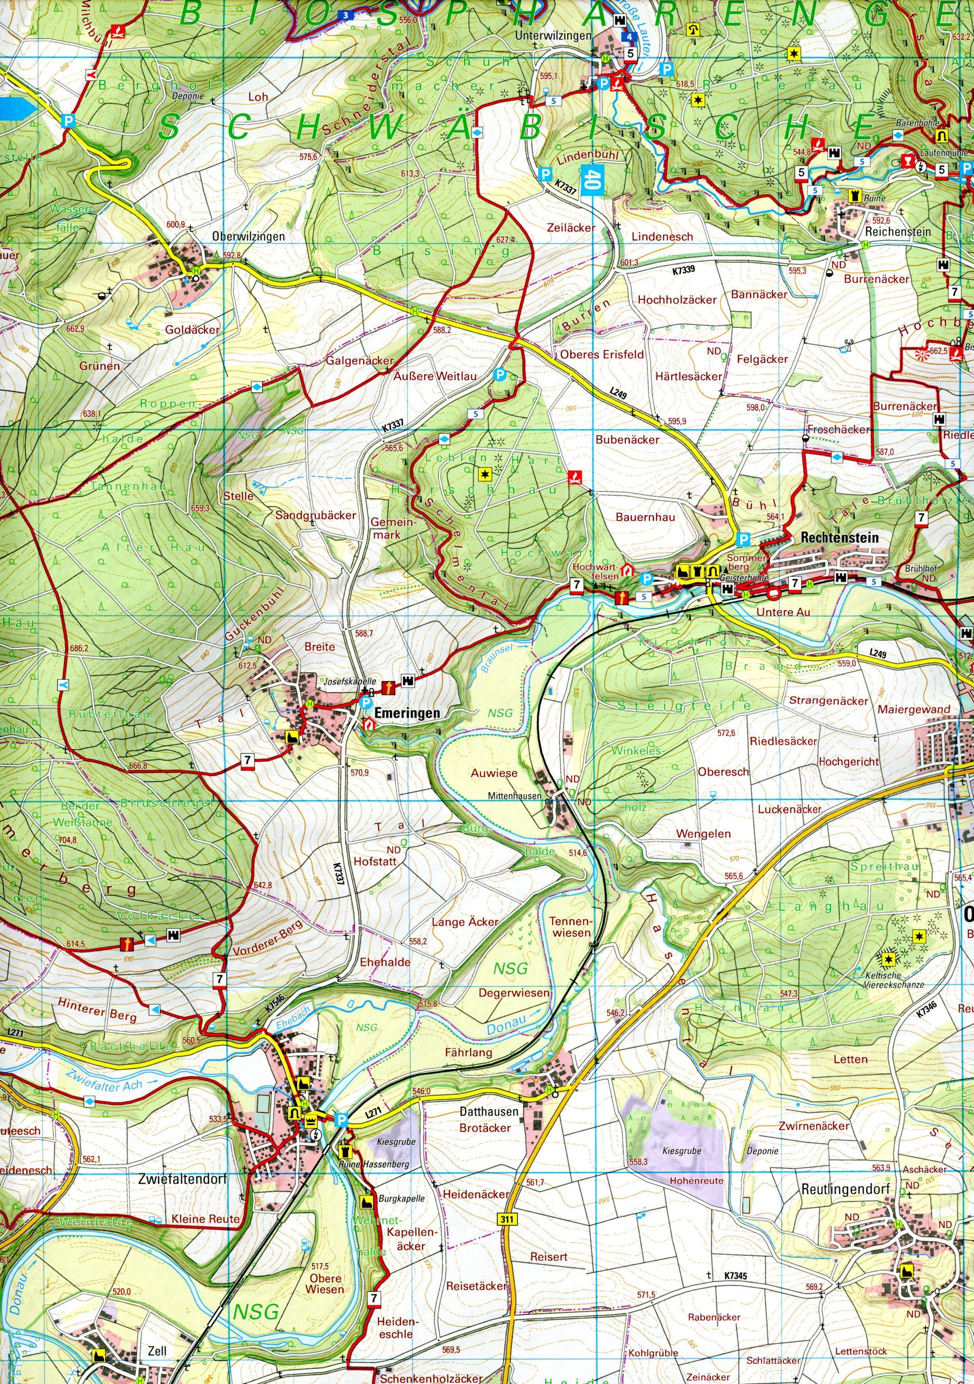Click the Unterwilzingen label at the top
coord(553,36)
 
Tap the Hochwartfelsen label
coord(596,571)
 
